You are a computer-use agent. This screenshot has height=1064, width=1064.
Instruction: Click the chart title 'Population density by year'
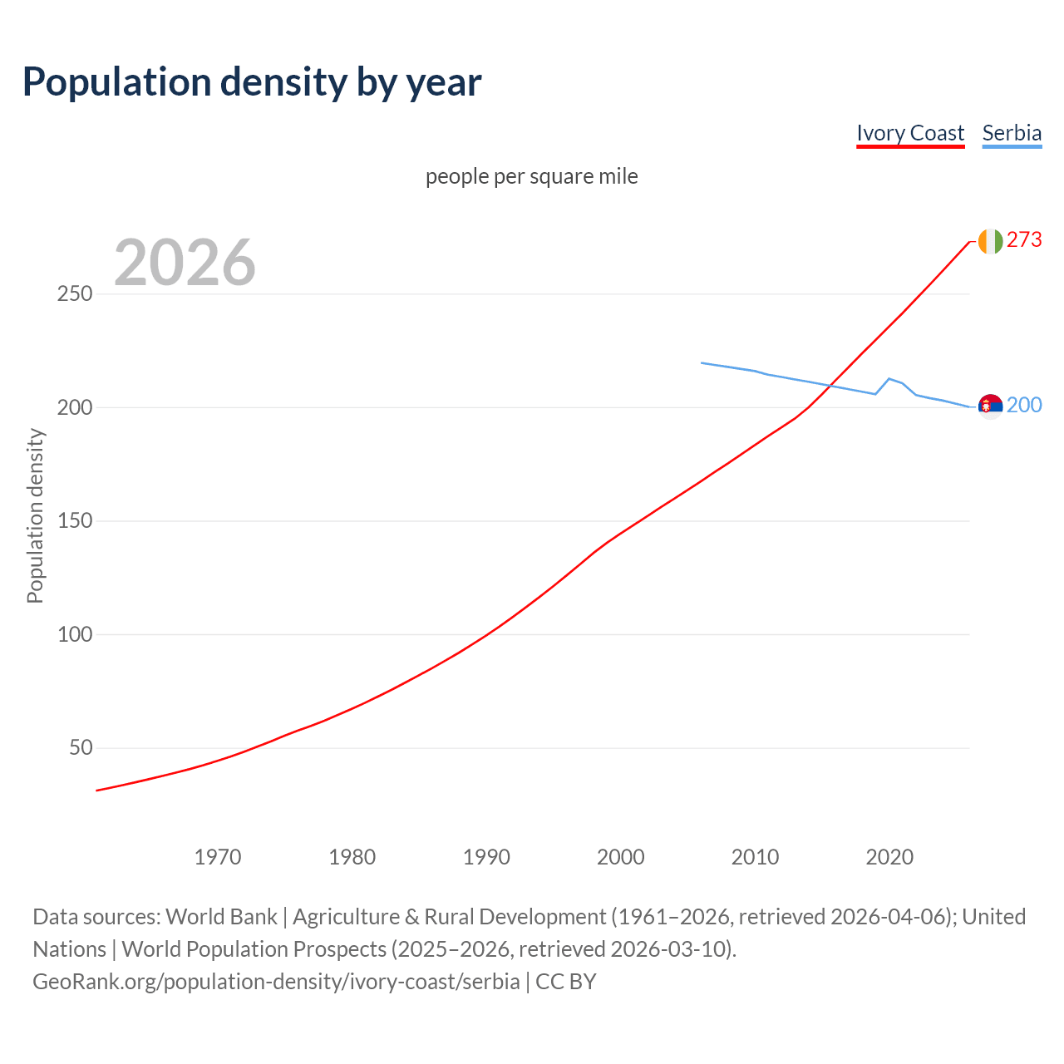pos(252,81)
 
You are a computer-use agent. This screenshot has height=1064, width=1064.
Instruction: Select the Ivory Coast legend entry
pos(910,133)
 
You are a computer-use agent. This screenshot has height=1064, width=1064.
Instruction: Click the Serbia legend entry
pos(1012,133)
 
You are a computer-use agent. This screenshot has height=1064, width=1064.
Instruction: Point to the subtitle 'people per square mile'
pos(531,176)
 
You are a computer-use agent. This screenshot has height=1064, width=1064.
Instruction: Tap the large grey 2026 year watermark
pos(185,263)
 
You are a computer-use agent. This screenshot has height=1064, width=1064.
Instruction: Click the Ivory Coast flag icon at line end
pos(989,241)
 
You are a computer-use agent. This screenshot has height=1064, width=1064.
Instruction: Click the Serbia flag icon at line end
pos(989,406)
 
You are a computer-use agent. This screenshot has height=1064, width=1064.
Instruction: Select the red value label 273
pos(1024,239)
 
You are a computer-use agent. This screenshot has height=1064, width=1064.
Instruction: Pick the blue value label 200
pos(1024,405)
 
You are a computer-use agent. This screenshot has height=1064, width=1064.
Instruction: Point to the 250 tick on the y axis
pos(75,294)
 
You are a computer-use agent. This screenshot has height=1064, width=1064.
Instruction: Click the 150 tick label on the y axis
pos(75,521)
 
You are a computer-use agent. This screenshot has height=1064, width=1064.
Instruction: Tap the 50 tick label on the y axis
pos(81,747)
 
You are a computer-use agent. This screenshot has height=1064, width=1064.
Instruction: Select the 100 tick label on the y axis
pos(75,634)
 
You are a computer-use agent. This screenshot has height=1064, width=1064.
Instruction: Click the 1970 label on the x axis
pos(218,857)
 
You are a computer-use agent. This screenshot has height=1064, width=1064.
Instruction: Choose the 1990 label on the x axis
pos(486,857)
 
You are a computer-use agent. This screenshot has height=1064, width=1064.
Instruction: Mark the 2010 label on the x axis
pos(755,857)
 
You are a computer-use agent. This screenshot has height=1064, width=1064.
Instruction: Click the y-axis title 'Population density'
pos(35,515)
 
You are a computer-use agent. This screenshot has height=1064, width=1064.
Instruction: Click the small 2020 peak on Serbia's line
pos(889,378)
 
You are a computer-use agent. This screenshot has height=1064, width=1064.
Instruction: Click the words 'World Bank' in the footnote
pos(221,917)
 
